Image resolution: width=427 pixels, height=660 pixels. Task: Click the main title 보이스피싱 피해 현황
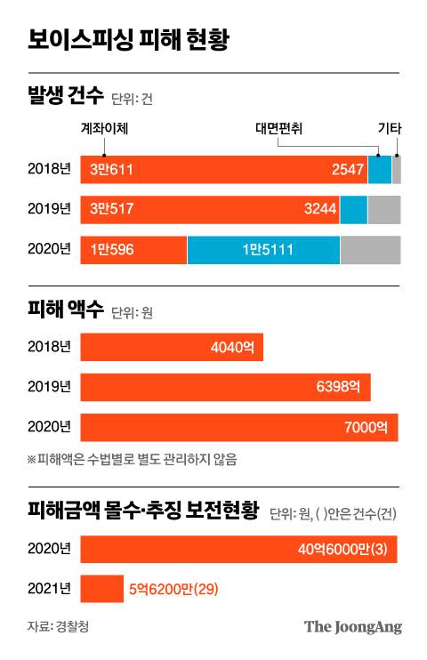(x=128, y=40)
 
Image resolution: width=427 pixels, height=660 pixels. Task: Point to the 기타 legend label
(x=389, y=128)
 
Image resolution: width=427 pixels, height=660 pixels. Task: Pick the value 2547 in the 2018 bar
(x=346, y=169)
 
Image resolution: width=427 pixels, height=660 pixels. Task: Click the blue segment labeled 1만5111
(x=263, y=251)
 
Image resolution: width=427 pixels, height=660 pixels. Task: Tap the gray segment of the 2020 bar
(x=370, y=251)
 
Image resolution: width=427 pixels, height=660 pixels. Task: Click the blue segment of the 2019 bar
(x=353, y=210)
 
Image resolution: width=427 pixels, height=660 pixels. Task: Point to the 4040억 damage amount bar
(x=172, y=347)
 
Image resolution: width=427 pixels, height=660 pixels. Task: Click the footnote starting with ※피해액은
(x=132, y=460)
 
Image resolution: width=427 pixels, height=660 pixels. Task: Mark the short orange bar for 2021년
(x=101, y=589)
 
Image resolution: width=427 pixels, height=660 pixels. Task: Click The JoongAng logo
(x=353, y=627)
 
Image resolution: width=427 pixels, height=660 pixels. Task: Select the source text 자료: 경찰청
(x=58, y=627)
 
